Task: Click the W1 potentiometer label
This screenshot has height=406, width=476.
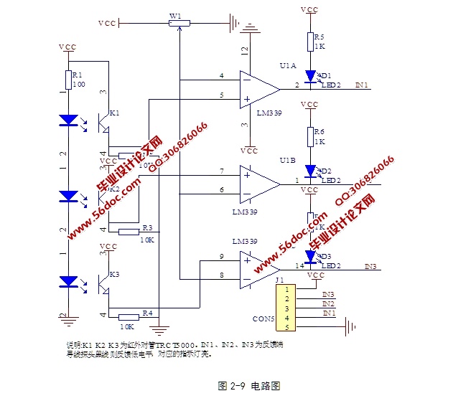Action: (175, 14)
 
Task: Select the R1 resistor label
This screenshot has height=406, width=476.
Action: (78, 74)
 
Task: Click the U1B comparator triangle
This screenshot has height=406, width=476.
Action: (259, 181)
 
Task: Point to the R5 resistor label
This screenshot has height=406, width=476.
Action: (319, 36)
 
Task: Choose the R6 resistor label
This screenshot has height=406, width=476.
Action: (319, 131)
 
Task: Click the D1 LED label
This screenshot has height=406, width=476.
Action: (326, 75)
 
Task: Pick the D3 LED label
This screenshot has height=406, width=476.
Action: (326, 256)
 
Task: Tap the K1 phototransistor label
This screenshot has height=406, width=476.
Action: (114, 113)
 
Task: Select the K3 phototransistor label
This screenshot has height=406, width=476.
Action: (114, 275)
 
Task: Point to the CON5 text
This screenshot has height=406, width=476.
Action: (264, 318)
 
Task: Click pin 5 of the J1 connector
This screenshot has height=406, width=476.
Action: (287, 328)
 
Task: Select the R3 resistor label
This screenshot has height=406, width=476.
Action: (147, 227)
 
